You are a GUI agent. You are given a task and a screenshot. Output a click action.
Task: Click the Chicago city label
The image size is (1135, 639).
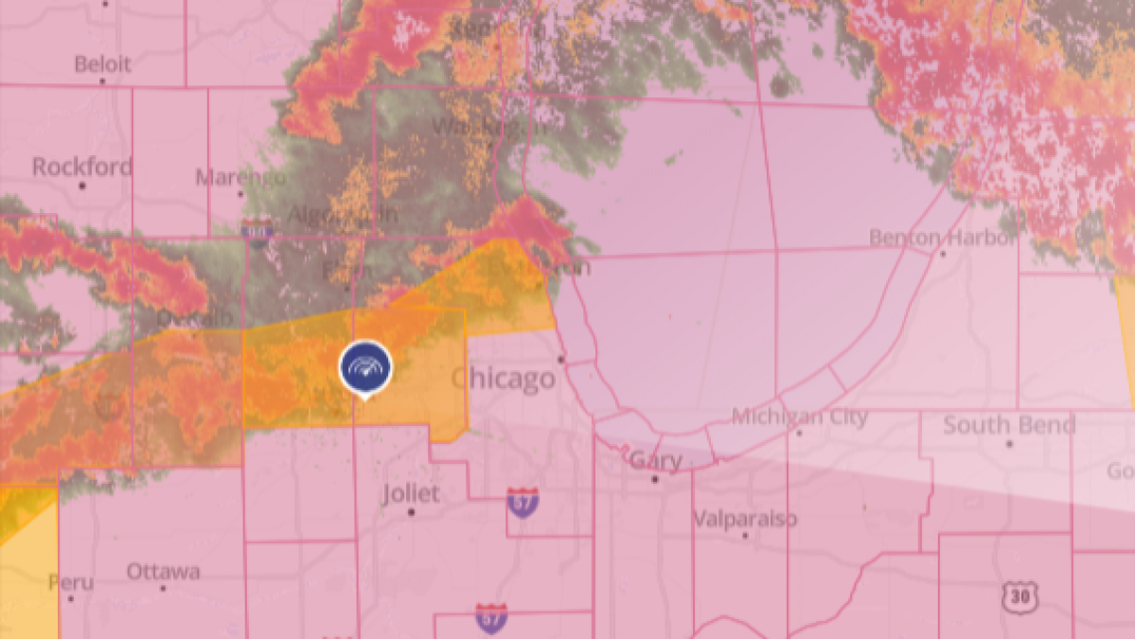pyautogui.click(x=503, y=379)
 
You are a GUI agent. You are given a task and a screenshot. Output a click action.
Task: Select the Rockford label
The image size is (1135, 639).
pyautogui.click(x=82, y=168)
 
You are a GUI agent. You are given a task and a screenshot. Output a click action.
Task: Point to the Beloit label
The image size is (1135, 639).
pyautogui.click(x=102, y=64)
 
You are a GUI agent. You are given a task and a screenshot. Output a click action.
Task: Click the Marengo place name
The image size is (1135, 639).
pyautogui.click(x=239, y=177)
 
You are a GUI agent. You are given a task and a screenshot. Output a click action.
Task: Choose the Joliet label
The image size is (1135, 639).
pyautogui.click(x=411, y=493)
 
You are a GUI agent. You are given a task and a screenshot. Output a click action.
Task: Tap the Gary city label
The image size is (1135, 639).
pyautogui.click(x=655, y=460)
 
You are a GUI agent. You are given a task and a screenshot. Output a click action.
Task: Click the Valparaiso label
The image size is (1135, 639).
pyautogui.click(x=745, y=519)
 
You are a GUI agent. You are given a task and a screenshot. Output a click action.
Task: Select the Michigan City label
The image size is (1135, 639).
pyautogui.click(x=800, y=417)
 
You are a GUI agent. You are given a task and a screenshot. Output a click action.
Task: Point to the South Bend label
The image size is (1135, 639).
pyautogui.click(x=1009, y=425)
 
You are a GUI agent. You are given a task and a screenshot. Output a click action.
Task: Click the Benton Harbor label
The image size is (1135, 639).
pyautogui.click(x=942, y=237)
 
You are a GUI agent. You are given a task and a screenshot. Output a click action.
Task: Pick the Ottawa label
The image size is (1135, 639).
pyautogui.click(x=163, y=572)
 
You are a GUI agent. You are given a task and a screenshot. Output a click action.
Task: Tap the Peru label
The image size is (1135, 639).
pyautogui.click(x=70, y=581)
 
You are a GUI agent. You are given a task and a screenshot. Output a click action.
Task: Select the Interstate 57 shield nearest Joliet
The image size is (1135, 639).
pyautogui.click(x=523, y=502)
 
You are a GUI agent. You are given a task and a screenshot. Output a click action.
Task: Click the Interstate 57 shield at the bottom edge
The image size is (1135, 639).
pyautogui.click(x=490, y=618)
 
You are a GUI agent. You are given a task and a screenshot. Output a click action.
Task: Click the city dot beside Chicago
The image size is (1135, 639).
pyautogui.click(x=561, y=360)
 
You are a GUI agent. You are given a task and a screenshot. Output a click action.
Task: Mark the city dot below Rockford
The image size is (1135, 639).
pyautogui.click(x=82, y=186)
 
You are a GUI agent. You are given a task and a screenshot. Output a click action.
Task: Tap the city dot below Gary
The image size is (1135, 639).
pyautogui.click(x=654, y=480)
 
